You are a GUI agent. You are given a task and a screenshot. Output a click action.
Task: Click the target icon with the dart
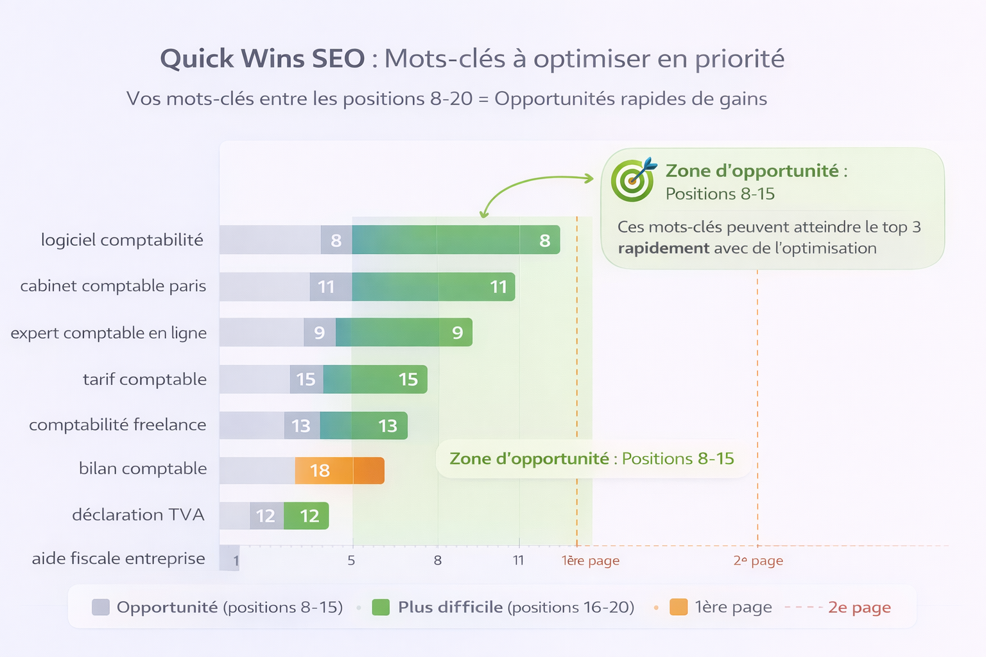(x=633, y=180)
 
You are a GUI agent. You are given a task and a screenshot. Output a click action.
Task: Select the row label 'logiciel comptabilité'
(x=122, y=240)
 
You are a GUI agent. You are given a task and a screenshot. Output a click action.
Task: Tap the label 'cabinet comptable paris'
(x=113, y=286)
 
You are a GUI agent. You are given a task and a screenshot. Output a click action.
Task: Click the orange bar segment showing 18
(x=339, y=471)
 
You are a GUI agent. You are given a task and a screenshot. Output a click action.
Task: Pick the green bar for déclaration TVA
(x=307, y=516)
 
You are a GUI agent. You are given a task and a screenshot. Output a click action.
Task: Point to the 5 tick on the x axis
(x=351, y=561)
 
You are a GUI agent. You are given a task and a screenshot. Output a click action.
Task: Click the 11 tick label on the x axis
(x=519, y=561)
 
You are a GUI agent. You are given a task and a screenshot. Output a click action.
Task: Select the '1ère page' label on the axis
(x=591, y=561)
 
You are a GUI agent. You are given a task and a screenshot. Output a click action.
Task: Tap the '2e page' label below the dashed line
(x=758, y=561)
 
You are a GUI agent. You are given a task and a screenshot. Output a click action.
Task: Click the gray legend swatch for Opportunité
(x=101, y=607)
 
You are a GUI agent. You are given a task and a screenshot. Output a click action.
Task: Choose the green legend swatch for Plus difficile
(x=381, y=607)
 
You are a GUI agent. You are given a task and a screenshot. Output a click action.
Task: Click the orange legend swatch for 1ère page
(x=679, y=607)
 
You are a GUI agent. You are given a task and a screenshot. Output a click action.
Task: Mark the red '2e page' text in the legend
(x=859, y=607)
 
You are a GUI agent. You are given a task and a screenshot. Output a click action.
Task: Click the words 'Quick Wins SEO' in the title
(x=262, y=59)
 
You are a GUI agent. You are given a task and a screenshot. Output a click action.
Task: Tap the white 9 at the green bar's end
(x=457, y=332)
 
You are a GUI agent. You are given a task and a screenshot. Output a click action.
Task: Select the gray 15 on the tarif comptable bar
(x=306, y=379)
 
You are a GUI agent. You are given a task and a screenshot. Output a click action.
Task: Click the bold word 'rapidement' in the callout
(x=663, y=248)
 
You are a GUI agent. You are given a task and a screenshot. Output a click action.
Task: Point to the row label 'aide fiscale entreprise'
(x=119, y=558)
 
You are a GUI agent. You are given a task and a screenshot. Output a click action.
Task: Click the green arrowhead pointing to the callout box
(x=589, y=178)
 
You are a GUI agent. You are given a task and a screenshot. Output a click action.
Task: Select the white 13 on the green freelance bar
(x=387, y=426)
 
